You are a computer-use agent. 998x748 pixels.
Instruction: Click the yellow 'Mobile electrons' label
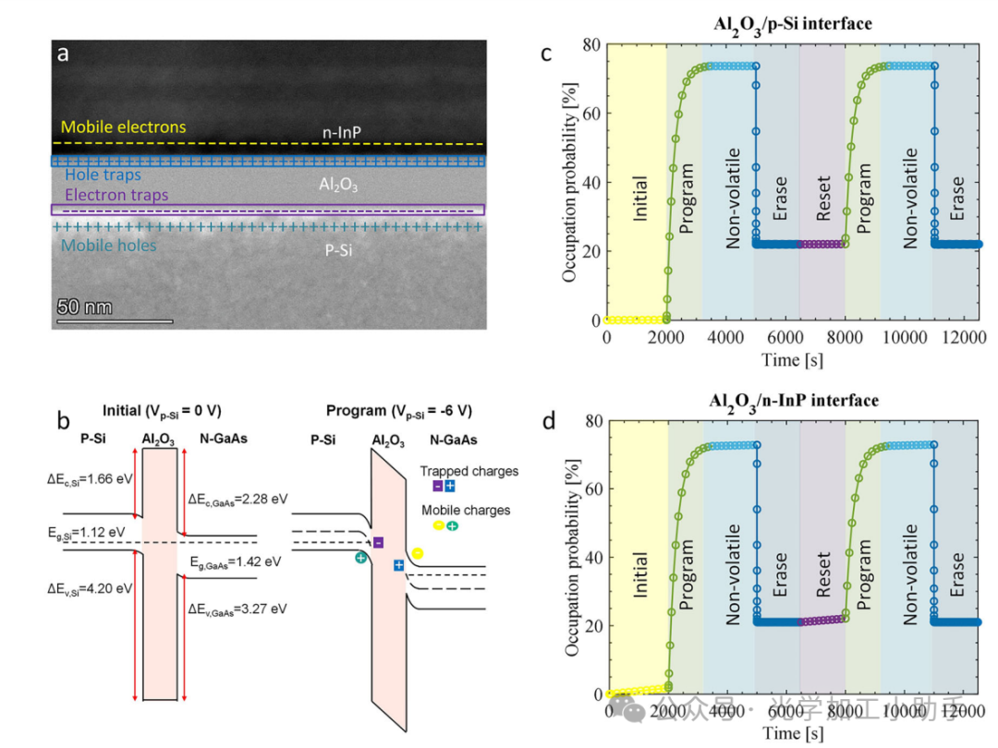[x=124, y=127]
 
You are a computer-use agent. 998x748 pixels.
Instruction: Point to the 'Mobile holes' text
[x=109, y=246]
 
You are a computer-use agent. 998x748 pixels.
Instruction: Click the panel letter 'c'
[x=545, y=54]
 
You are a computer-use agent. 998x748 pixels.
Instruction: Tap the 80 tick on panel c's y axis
[x=591, y=44]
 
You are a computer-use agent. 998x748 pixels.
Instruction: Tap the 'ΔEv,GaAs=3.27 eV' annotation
[x=237, y=609]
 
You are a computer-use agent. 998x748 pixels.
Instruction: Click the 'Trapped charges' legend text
[x=469, y=471]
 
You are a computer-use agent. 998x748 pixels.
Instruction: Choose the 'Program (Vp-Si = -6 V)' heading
[x=398, y=410]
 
